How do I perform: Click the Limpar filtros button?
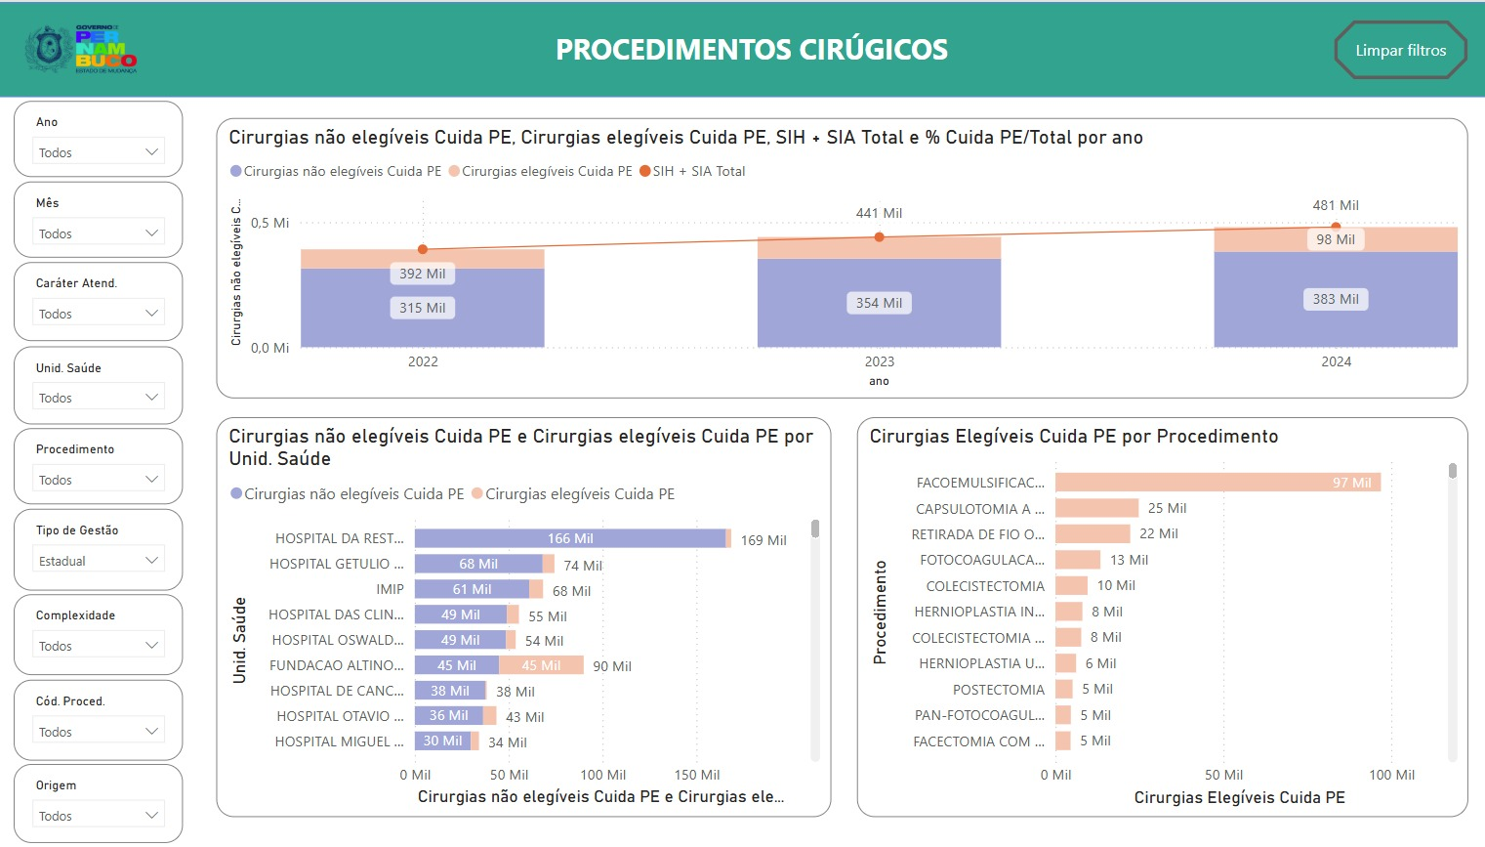(1400, 51)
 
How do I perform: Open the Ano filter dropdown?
(99, 152)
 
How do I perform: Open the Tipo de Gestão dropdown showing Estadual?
(99, 561)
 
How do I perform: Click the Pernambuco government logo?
(81, 49)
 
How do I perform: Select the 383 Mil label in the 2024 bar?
(1335, 299)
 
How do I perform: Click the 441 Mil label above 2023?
(879, 213)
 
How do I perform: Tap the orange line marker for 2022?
(423, 249)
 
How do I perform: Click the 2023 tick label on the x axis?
(879, 361)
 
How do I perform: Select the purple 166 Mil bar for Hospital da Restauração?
(570, 538)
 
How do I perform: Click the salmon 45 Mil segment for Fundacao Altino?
(541, 665)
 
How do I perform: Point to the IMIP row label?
(390, 589)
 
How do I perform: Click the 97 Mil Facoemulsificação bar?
(1217, 482)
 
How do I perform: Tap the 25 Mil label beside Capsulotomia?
(1167, 508)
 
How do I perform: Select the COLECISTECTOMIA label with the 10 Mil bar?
(985, 586)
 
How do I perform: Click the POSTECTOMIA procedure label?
(998, 690)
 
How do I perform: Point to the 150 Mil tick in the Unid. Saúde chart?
(696, 775)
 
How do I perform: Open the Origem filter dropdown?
(99, 816)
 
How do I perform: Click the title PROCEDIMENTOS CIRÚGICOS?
(751, 50)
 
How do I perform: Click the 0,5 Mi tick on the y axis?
(269, 223)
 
